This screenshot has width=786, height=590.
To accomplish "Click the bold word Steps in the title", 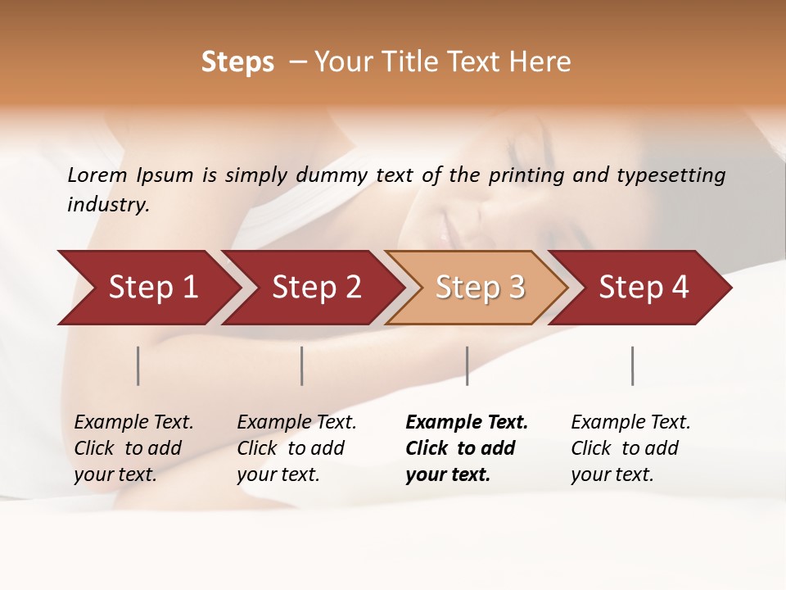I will point(237,62).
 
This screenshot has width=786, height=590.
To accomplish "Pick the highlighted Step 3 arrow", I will point(480,287).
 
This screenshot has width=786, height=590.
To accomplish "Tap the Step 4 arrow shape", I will point(644,287).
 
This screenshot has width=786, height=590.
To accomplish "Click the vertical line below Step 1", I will point(138,365).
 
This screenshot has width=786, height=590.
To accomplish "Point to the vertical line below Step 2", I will point(302,365).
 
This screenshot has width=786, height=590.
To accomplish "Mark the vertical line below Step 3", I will point(467,365).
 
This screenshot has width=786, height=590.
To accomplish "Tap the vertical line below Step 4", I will point(633,365).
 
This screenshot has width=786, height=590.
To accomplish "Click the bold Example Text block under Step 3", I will point(466,448).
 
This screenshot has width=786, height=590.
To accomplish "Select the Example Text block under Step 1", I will point(133,448).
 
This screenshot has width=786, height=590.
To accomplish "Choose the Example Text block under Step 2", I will point(296,448).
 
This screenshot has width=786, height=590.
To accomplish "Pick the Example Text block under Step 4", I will point(630,448).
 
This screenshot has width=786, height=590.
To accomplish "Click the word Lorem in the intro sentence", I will point(97,175).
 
